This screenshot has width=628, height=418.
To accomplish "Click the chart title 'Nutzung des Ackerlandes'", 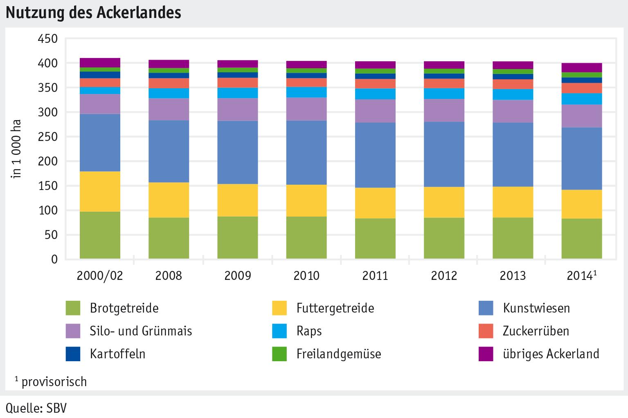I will [x=93, y=13].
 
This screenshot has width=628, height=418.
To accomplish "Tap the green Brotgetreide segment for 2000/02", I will [x=100, y=235].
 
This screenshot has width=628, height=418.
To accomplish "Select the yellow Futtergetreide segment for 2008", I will [x=169, y=200].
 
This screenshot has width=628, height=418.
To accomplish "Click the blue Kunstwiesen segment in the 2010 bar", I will [x=306, y=152].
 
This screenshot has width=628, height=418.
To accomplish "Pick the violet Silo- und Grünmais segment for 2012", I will [x=444, y=110].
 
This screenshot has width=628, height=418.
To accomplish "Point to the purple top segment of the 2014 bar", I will [x=581, y=67].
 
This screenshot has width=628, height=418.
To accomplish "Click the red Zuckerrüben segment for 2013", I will [x=513, y=84].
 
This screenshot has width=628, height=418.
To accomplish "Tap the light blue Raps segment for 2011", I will [x=375, y=94].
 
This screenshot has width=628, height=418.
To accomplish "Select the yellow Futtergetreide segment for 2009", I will [x=237, y=200].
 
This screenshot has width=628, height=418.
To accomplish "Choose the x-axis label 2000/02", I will [x=100, y=276].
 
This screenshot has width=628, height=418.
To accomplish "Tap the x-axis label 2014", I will [x=579, y=276].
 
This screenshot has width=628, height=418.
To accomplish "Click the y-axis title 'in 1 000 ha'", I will [x=17, y=149].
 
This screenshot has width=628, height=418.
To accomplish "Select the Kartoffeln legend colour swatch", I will [x=73, y=354].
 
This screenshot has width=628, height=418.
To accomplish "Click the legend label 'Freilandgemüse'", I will [x=339, y=354].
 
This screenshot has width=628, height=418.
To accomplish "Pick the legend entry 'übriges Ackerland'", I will [x=551, y=354].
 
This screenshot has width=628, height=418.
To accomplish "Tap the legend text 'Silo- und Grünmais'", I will [x=141, y=331].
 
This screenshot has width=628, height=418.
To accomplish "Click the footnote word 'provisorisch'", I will [x=54, y=382].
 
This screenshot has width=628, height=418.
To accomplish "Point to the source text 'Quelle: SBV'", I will [x=36, y=408].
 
